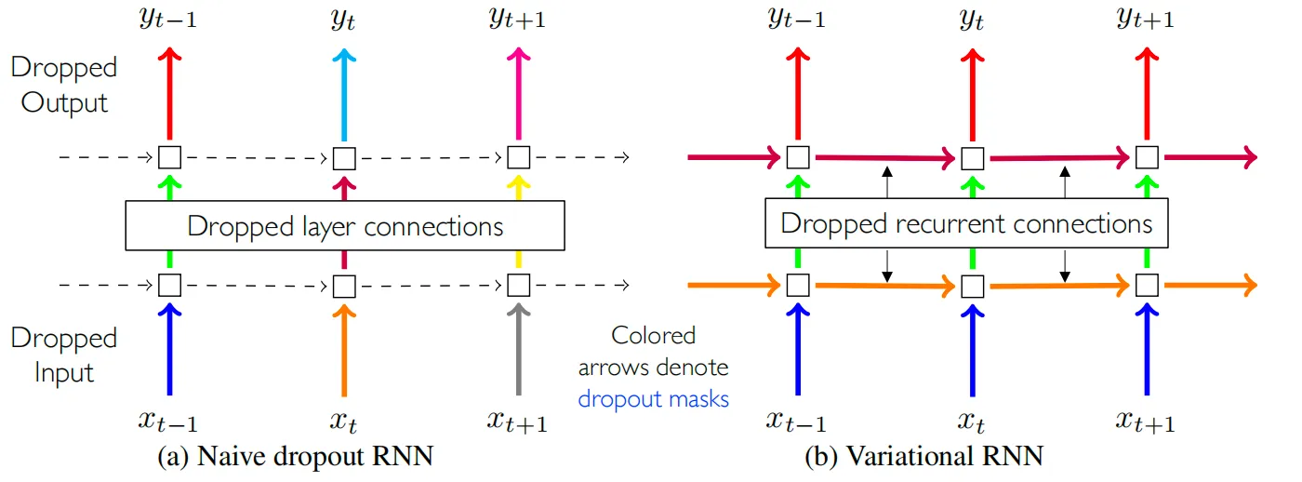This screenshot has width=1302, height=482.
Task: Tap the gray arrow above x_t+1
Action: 518,349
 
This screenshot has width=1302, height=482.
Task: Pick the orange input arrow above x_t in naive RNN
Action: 344,349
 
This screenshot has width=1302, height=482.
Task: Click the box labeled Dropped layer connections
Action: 345,226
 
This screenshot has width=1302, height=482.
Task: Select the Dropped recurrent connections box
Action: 966,223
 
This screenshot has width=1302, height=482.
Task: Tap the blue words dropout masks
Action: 653,398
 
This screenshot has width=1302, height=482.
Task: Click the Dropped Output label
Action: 64,85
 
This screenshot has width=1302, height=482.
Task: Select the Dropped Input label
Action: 64,355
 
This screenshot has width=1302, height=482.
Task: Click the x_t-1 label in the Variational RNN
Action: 796,422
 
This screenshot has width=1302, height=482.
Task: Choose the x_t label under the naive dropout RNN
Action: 344,422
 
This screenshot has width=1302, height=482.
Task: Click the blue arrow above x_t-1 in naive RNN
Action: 169,349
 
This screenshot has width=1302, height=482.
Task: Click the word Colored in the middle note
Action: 653,336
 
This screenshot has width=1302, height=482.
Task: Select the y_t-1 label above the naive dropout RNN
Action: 168,20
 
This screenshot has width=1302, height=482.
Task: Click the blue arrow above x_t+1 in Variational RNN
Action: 1146,349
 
